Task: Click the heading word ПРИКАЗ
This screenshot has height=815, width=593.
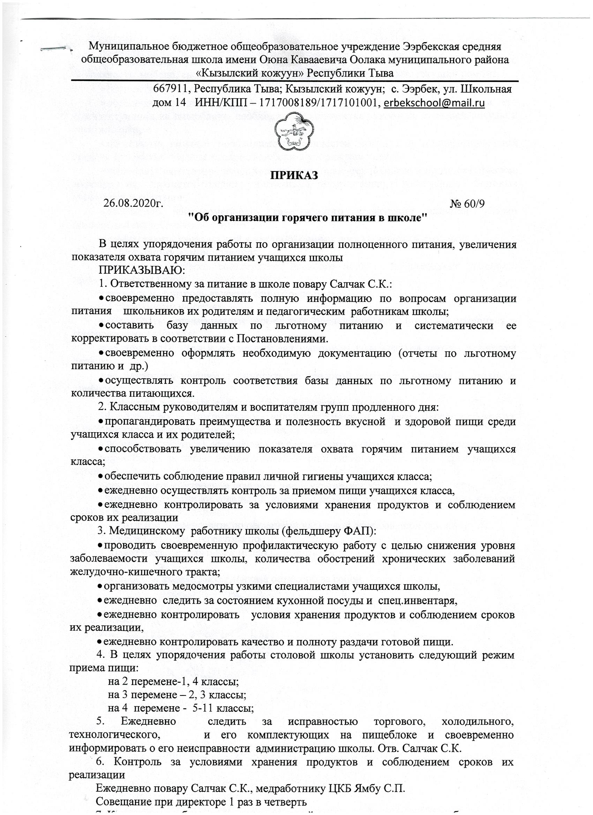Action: (294, 176)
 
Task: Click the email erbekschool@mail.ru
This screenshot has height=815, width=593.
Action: (434, 103)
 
